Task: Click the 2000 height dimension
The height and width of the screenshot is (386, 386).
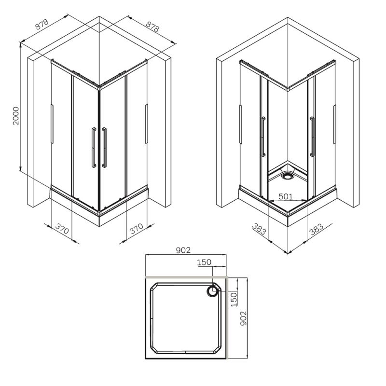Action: [16, 116]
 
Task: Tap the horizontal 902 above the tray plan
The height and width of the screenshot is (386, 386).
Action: [184, 249]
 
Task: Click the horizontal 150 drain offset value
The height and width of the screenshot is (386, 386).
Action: [205, 262]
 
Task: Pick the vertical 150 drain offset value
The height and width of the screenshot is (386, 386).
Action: [234, 299]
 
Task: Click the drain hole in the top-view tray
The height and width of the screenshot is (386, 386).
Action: [213, 291]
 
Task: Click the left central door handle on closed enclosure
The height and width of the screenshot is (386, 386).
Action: [93, 147]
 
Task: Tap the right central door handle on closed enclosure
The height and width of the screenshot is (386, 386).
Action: [104, 147]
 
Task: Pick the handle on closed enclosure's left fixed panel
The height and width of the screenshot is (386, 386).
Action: [51, 123]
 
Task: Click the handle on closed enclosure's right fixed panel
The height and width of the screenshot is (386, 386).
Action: [146, 123]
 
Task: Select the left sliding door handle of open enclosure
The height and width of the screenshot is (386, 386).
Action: [262, 137]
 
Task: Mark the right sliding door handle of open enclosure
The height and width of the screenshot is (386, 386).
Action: [313, 137]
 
